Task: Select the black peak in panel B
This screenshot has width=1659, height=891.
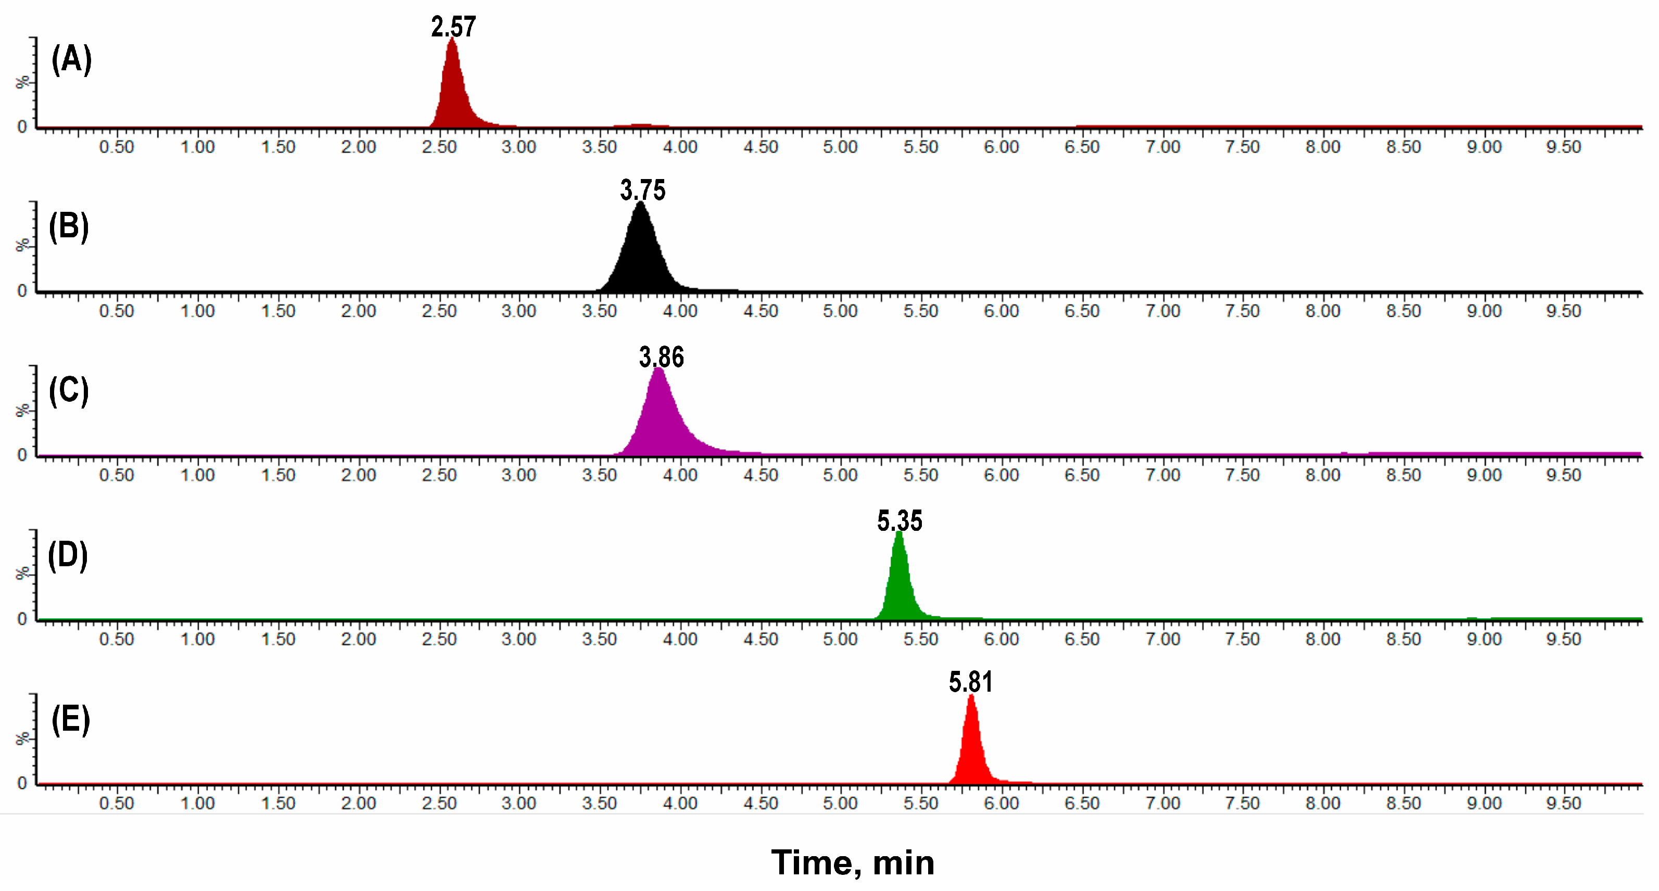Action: [x=641, y=258]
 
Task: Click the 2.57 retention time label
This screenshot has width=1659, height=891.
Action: [x=453, y=27]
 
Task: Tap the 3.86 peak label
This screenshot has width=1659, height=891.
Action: [x=662, y=358]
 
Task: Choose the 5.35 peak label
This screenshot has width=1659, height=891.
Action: [x=900, y=521]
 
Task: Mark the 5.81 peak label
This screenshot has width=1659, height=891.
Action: [x=970, y=682]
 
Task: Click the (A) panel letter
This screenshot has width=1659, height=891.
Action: [x=71, y=59]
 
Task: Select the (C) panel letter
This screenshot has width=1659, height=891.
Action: [x=69, y=391]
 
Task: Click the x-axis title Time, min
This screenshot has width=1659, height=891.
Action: [x=853, y=863]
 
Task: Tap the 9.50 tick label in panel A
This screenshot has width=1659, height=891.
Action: [x=1564, y=147]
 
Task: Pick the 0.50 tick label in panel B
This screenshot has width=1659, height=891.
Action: [x=117, y=311]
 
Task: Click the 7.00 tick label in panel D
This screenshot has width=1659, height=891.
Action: [x=1162, y=639]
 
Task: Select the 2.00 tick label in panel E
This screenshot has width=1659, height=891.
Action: [x=358, y=804]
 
